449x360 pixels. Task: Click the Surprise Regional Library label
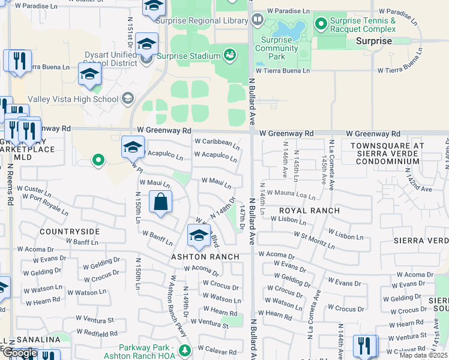coord(202,20)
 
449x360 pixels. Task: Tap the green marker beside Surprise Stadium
coord(229,56)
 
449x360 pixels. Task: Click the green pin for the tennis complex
coord(321,25)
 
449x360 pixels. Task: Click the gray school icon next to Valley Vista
coord(127,98)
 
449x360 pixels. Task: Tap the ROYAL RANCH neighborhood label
coord(310,211)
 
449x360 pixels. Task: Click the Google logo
coord(19,353)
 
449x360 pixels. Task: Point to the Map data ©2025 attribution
coord(424,355)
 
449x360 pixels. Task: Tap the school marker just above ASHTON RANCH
coord(197,236)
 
